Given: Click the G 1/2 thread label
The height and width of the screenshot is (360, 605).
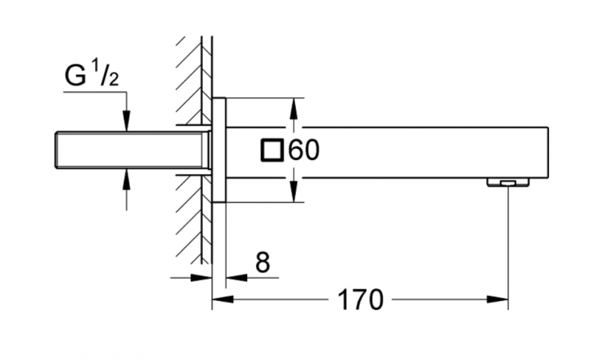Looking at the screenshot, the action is [92, 75].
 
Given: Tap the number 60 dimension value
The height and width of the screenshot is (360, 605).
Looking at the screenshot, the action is [304, 150].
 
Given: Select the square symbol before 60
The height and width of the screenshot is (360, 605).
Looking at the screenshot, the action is [272, 150].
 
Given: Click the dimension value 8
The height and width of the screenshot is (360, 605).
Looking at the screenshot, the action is [262, 262].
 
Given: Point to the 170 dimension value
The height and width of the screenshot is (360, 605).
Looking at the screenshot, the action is [361, 299].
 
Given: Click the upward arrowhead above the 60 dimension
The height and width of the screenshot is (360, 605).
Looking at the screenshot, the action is [294, 108].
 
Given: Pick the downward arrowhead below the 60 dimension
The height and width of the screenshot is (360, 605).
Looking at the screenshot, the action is [294, 192].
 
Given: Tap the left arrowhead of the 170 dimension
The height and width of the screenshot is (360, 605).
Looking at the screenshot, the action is [223, 299].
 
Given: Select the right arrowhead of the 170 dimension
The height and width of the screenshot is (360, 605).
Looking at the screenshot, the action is [498, 299].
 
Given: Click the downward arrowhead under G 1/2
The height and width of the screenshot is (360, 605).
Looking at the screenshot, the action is [126, 121].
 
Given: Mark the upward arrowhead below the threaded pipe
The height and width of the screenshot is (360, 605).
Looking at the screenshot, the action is [126, 180].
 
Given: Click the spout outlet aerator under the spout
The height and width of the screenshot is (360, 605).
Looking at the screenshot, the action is [508, 182].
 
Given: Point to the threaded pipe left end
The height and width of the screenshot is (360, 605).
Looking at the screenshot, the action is [56, 150].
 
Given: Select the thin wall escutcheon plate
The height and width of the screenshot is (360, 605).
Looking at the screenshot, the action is [219, 150].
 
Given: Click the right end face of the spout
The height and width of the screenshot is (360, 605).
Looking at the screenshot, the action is [548, 153].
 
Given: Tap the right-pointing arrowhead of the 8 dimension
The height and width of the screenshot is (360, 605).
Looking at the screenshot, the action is [201, 278].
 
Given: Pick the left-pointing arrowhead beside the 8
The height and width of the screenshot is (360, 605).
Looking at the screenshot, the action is [237, 278].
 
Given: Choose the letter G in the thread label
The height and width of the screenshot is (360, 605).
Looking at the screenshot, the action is [75, 76].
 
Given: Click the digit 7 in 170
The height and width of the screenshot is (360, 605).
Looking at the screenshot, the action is [361, 299].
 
